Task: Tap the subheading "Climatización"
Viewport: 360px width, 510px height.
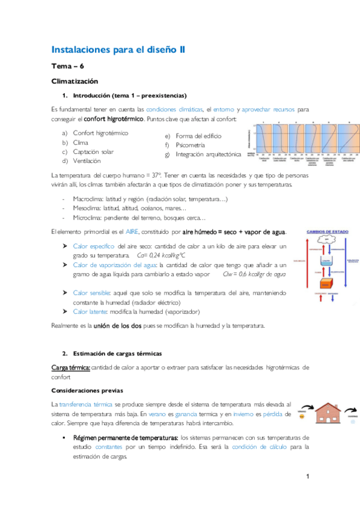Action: pyautogui.click(x=75, y=81)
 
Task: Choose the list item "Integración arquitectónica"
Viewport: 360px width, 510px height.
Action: pyautogui.click(x=208, y=155)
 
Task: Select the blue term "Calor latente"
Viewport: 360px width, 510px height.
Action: pyautogui.click(x=90, y=312)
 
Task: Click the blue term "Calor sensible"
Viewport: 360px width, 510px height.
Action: pyautogui.click(x=91, y=293)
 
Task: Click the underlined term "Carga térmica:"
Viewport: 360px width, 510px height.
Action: pyautogui.click(x=70, y=367)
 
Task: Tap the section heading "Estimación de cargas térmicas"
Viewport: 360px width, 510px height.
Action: pyautogui.click(x=117, y=353)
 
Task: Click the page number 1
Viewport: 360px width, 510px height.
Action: pyautogui.click(x=307, y=477)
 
